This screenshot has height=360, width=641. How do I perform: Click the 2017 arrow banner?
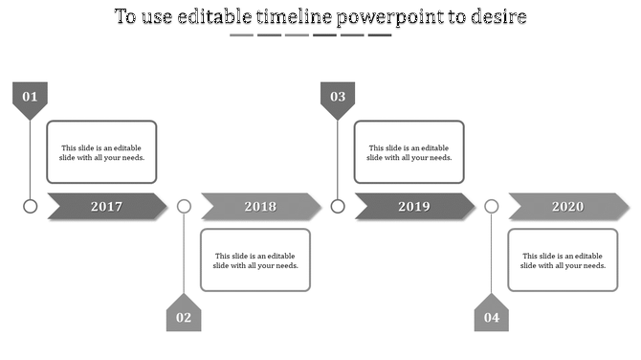coord(106,206)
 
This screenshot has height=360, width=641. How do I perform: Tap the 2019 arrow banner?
coord(414,206)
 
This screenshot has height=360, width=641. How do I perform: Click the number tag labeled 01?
coord(30,98)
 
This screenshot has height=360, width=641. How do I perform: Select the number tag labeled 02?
coord(184,316)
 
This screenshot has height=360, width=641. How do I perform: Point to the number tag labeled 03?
coord(338,98)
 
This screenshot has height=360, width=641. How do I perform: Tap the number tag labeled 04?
coord(492,316)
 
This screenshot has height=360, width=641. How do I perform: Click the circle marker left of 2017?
coord(31,206)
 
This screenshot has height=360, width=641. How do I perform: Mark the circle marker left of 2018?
coord(185,206)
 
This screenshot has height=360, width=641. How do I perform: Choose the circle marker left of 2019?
coord(338,206)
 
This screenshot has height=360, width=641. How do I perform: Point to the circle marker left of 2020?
coord(492,206)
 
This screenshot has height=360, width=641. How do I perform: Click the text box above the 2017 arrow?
coord(102,152)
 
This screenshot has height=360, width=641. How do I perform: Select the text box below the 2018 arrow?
coord(255,259)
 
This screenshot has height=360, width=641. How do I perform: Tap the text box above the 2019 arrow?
coord(409,152)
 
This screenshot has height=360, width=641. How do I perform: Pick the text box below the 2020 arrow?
coord(563,259)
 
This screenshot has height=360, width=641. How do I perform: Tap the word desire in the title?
coord(499,17)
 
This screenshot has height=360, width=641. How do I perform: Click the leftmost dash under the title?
coord(241,35)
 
